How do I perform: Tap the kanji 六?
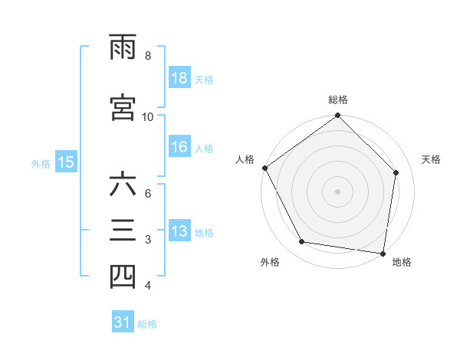tap(123, 186)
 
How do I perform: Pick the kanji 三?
tap(123, 232)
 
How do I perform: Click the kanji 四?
tap(123, 278)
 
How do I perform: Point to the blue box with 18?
tap(179, 79)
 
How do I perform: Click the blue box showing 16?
tap(179, 148)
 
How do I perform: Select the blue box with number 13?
tap(179, 232)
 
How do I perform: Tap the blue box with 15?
tap(65, 162)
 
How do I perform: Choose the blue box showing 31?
tap(122, 323)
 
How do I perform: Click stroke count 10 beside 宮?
tap(148, 116)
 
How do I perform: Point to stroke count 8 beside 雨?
tap(147, 55)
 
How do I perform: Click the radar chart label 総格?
tap(338, 100)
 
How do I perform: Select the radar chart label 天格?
tap(432, 159)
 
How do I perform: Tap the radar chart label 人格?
tap(245, 159)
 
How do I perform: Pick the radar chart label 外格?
tap(270, 263)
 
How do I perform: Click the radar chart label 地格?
tap(402, 263)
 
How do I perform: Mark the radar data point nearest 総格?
tap(338, 116)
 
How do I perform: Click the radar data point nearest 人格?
tap(264, 168)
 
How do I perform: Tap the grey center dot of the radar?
tap(338, 191)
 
